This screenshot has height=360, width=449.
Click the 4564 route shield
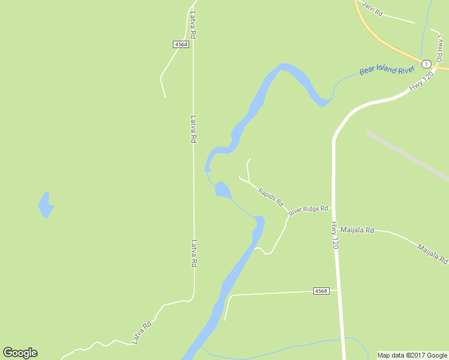[181, 44]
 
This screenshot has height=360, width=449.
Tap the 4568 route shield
[321, 291]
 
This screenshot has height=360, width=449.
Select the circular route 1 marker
[426, 64]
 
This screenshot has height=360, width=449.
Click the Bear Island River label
[387, 70]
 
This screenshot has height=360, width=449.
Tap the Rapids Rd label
[270, 197]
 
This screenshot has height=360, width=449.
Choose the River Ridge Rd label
[308, 211]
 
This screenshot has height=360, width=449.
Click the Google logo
[20, 353]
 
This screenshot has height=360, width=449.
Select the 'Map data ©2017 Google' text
[412, 355]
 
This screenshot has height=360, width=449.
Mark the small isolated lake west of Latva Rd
[46, 205]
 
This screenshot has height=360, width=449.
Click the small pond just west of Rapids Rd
[223, 190]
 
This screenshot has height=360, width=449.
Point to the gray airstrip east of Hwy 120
[408, 155]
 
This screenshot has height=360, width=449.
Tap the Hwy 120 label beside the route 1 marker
[421, 80]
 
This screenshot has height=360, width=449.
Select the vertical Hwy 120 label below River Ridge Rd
[335, 235]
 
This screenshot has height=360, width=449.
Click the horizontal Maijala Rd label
[357, 230]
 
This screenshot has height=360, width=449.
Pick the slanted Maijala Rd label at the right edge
[433, 253]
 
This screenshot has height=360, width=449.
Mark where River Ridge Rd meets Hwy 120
[334, 208]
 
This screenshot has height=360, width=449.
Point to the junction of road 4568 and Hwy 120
[339, 290]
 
